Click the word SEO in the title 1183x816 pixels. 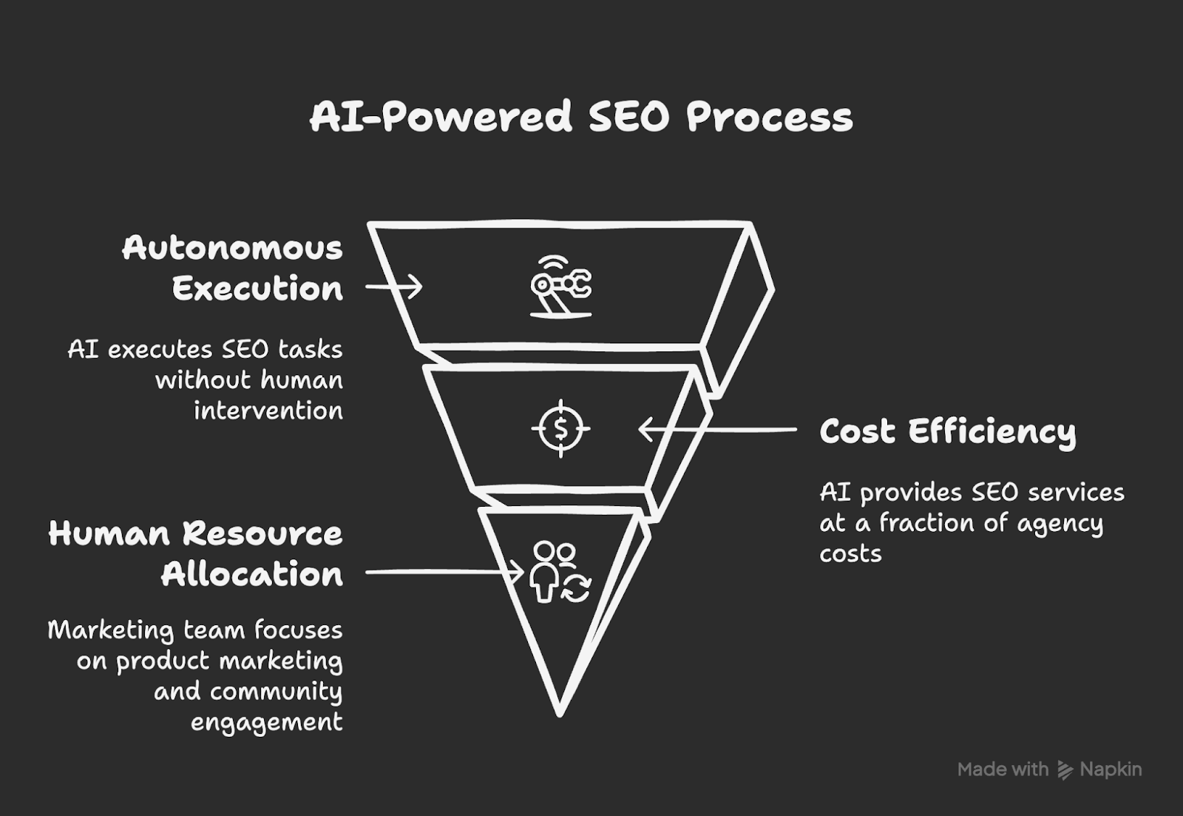629,117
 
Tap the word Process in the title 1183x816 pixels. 770,117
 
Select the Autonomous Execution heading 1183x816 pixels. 232,269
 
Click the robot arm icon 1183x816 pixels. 561,286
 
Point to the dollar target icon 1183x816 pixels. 561,428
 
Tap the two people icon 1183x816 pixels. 560,572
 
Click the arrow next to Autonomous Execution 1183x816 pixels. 394,287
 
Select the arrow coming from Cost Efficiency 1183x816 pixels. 717,430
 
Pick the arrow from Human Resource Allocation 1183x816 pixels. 444,572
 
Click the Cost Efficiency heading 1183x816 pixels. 948,432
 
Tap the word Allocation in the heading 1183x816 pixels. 252,574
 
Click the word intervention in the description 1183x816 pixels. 268,411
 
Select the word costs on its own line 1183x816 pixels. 850,554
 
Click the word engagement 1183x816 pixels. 267,723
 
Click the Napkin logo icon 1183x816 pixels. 1065,770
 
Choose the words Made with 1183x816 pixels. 1003,769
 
